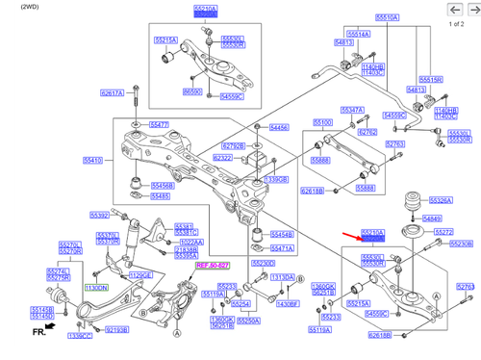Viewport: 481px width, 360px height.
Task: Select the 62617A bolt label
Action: [x=112, y=93]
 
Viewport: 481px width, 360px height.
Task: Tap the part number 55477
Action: [x=160, y=125]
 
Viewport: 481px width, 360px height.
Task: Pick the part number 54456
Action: [x=279, y=127]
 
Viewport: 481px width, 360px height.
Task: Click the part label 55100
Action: [x=322, y=122]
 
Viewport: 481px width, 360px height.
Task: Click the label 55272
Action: [x=443, y=233]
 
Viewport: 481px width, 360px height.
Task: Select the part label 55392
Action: [x=100, y=215]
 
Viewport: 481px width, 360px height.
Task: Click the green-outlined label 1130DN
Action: [x=97, y=287]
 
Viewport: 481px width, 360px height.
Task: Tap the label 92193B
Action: [x=116, y=329]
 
